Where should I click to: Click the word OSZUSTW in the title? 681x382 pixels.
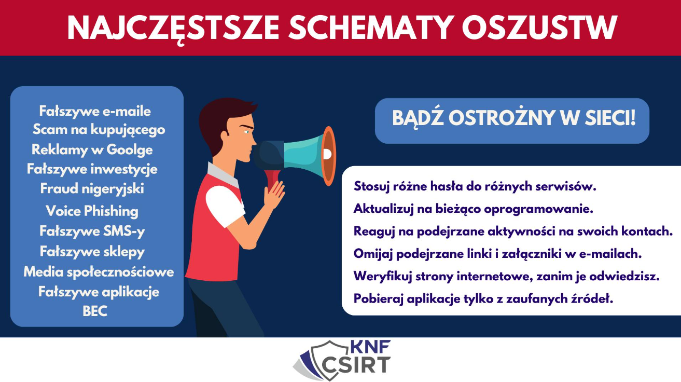coord(539,28)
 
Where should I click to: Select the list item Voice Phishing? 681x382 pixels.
coord(92,211)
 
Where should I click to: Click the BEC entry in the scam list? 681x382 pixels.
coord(95,311)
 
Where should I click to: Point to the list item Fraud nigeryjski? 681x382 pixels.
coord(92,189)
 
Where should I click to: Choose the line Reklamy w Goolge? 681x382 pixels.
coord(92,150)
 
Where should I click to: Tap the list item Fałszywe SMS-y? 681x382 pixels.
coord(92,231)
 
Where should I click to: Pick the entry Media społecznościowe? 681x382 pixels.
coord(99,272)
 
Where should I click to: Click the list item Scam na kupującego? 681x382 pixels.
coord(99,130)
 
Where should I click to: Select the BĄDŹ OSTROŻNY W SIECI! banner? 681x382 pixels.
coord(512,121)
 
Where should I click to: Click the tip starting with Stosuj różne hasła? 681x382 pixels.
coord(475,186)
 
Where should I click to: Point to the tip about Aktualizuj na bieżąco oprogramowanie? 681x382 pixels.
coord(474,209)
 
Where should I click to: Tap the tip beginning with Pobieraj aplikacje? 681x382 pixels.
coord(483,298)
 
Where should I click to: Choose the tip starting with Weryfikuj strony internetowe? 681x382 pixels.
coord(507,277)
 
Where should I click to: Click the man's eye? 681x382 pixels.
coord(246,132)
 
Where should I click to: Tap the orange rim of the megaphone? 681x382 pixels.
coord(329,156)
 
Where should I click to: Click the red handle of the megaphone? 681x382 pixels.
coord(272,179)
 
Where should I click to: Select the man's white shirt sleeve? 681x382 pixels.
coord(225,205)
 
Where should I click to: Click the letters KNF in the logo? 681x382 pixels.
coord(370,347)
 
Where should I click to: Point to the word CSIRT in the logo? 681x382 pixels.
coord(356,365)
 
